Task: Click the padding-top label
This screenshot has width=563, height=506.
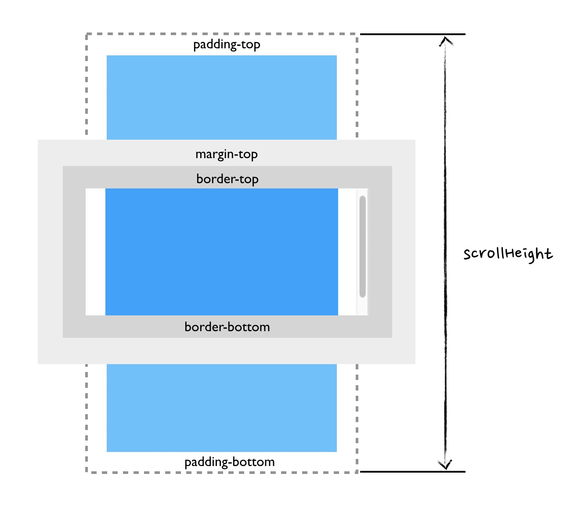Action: click(227, 45)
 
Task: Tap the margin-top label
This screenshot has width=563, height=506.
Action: click(226, 154)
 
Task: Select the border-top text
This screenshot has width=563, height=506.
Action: click(227, 179)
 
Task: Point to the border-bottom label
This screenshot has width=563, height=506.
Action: click(227, 327)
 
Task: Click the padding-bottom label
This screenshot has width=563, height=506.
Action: click(229, 462)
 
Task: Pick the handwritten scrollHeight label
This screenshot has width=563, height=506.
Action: click(508, 255)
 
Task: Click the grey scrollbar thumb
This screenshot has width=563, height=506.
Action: click(362, 246)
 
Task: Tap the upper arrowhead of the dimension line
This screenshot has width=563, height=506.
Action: click(446, 41)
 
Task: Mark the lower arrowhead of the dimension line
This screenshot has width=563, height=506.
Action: click(445, 465)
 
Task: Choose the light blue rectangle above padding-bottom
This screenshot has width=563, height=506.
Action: click(221, 408)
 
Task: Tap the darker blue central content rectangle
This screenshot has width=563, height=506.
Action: click(221, 252)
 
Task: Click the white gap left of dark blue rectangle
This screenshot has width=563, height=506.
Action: click(95, 252)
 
